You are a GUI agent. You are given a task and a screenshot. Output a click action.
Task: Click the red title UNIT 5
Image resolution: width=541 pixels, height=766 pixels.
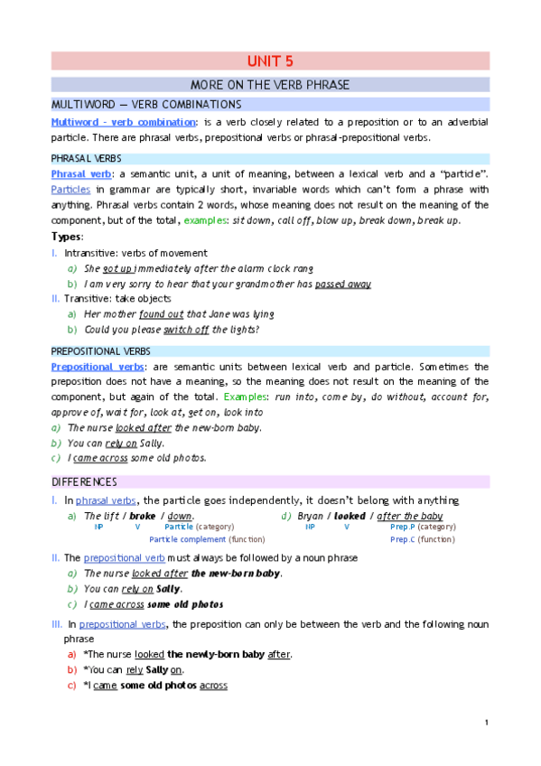[x=270, y=61]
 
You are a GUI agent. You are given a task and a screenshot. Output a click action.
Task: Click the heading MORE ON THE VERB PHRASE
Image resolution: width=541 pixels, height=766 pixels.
[x=270, y=85]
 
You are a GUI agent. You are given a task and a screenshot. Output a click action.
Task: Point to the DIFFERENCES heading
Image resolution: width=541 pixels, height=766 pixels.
[x=84, y=481]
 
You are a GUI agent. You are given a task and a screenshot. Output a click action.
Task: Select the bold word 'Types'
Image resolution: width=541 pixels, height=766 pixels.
[x=67, y=237]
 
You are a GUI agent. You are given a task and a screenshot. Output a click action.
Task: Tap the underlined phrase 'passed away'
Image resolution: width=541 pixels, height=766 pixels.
[x=342, y=284]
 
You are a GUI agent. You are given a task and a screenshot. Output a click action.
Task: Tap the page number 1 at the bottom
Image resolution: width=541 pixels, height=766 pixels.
[x=487, y=722]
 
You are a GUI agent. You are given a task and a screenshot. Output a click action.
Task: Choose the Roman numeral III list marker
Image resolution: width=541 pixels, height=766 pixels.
[x=56, y=624]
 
